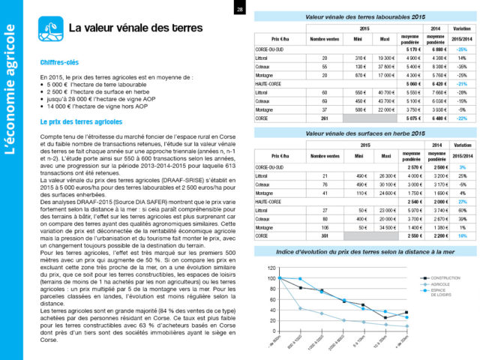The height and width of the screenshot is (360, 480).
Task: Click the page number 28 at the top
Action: (239, 10)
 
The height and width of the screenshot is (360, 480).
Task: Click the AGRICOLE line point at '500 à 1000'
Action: (301, 308)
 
